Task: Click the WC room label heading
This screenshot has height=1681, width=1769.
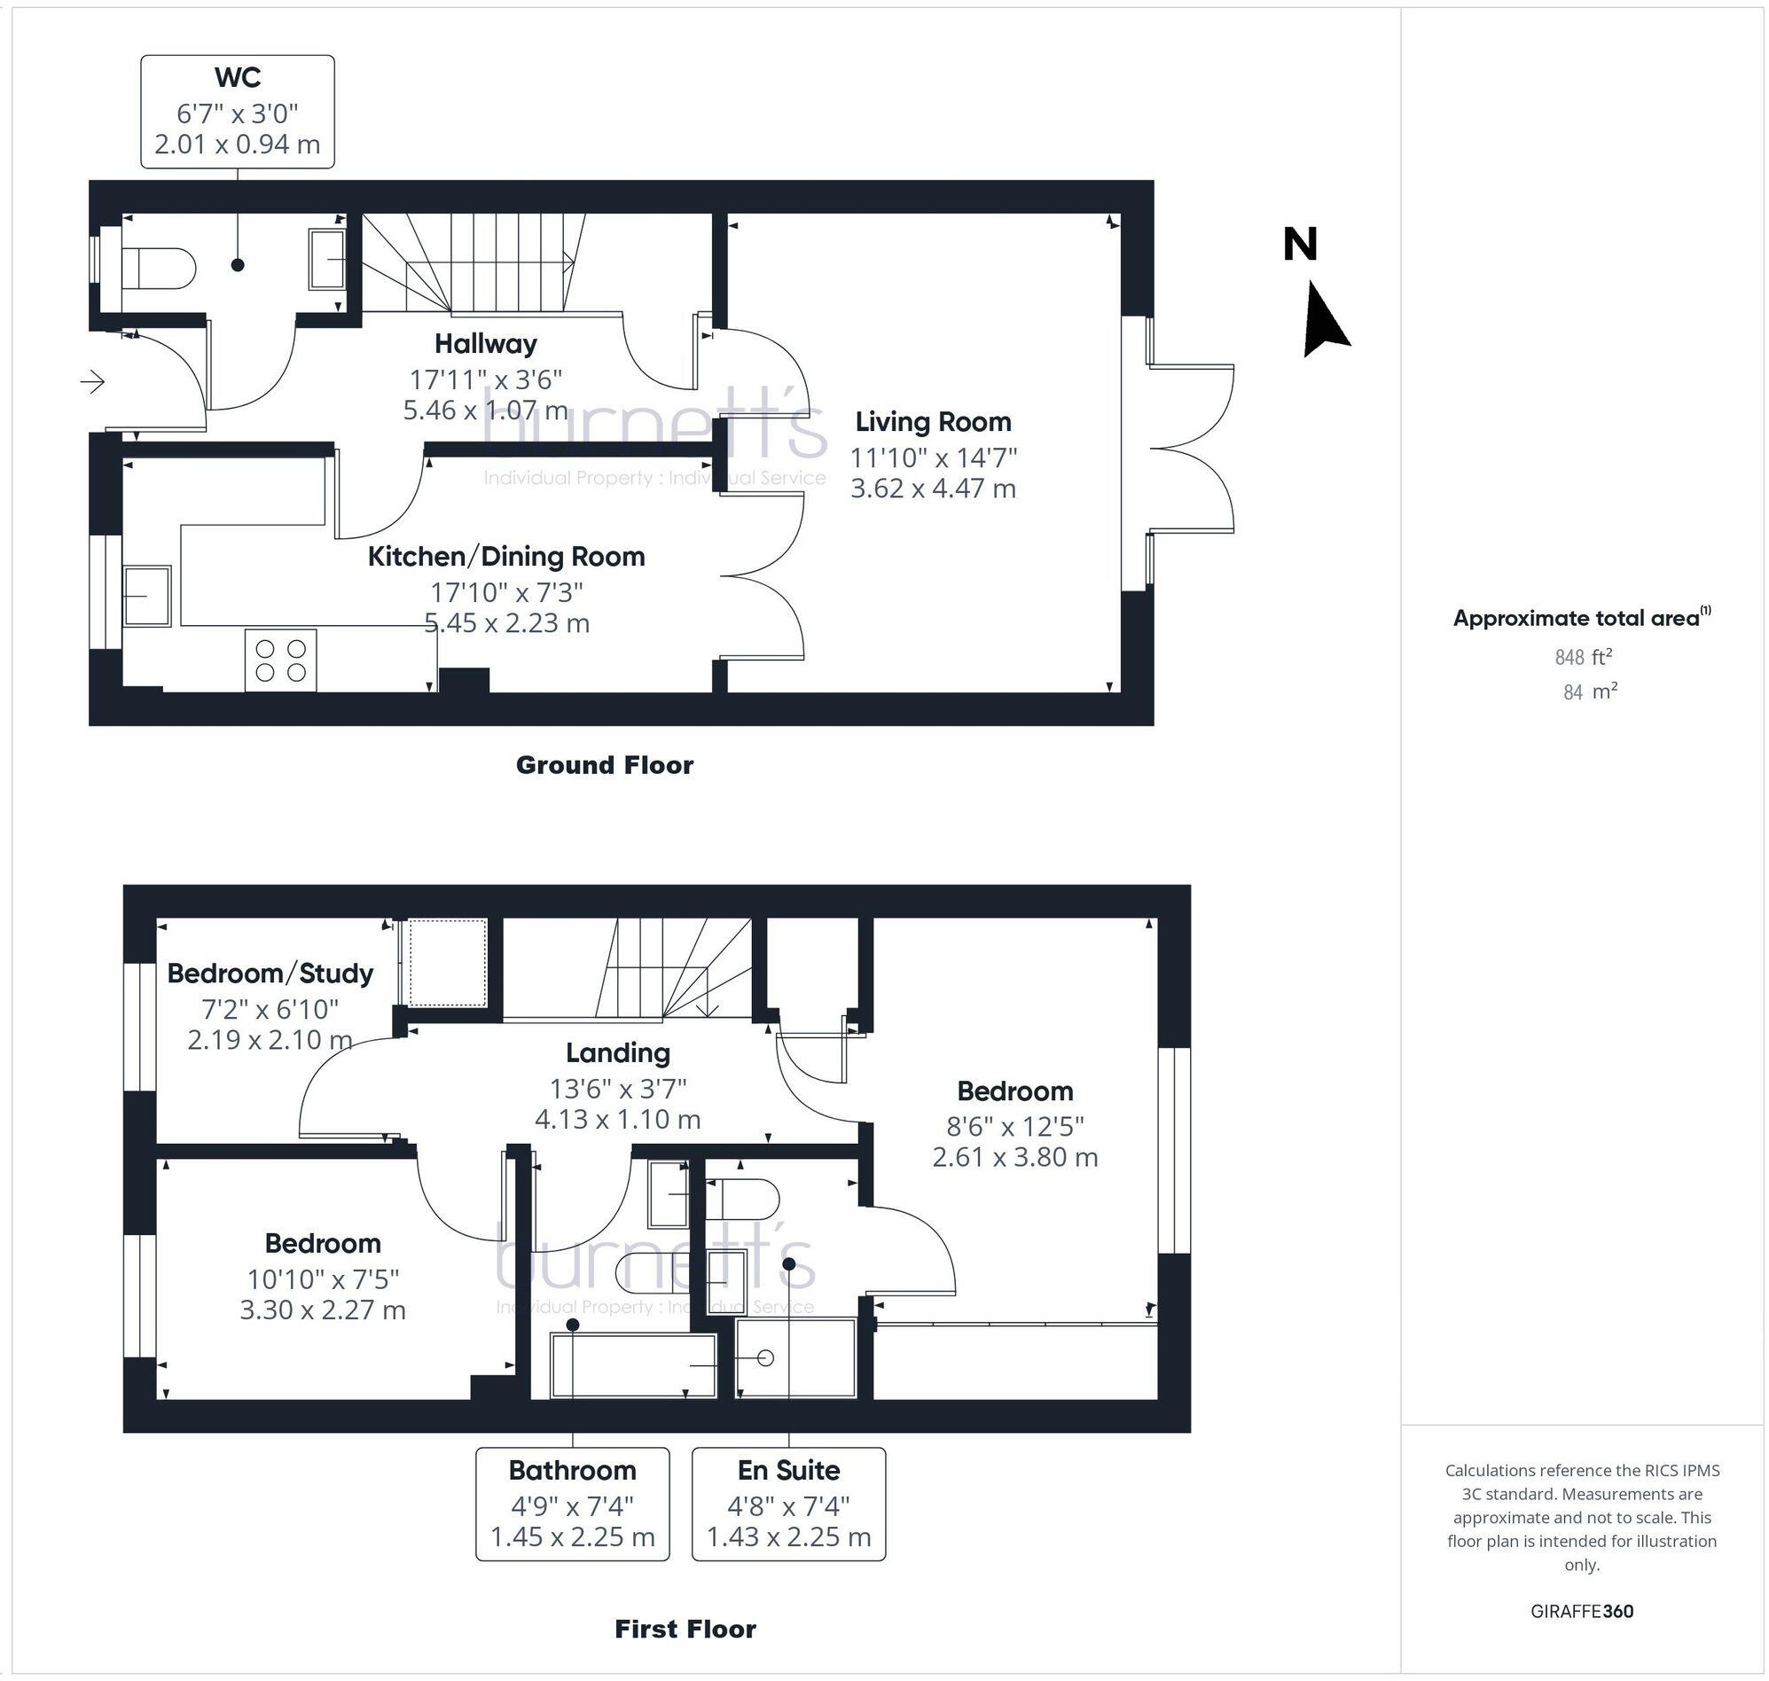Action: pyautogui.click(x=238, y=78)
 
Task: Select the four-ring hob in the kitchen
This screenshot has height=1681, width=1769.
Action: pyautogui.click(x=280, y=661)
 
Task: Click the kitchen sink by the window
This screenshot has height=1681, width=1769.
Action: pyautogui.click(x=147, y=595)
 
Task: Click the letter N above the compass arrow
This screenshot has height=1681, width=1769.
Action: pyautogui.click(x=1300, y=245)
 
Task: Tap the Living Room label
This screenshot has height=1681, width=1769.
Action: pyautogui.click(x=933, y=421)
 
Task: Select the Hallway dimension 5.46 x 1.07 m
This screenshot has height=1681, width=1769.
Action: pyautogui.click(x=485, y=410)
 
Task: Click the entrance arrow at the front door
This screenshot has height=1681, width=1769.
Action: pyautogui.click(x=93, y=383)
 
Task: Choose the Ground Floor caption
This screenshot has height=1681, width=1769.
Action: pyautogui.click(x=604, y=765)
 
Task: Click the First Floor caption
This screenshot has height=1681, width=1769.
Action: pyautogui.click(x=685, y=1629)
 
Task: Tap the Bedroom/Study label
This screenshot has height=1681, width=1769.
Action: pyautogui.click(x=270, y=973)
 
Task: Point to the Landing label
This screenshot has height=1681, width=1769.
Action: pyautogui.click(x=617, y=1053)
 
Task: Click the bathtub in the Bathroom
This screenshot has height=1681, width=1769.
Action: pyautogui.click(x=634, y=1364)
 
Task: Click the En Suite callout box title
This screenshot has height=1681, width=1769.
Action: pyautogui.click(x=788, y=1470)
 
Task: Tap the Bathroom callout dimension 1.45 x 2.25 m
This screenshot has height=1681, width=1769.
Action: pyautogui.click(x=572, y=1536)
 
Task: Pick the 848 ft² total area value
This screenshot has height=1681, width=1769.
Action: pyautogui.click(x=1583, y=658)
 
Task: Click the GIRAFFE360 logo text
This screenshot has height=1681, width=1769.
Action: pyautogui.click(x=1582, y=1611)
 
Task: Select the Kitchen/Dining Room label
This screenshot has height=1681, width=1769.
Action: pyautogui.click(x=506, y=557)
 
